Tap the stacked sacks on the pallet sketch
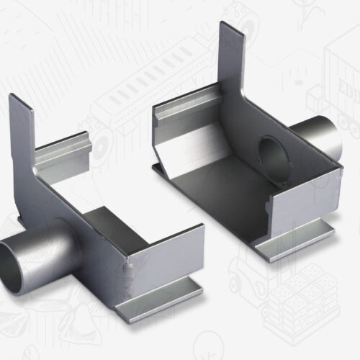[295, 302]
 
